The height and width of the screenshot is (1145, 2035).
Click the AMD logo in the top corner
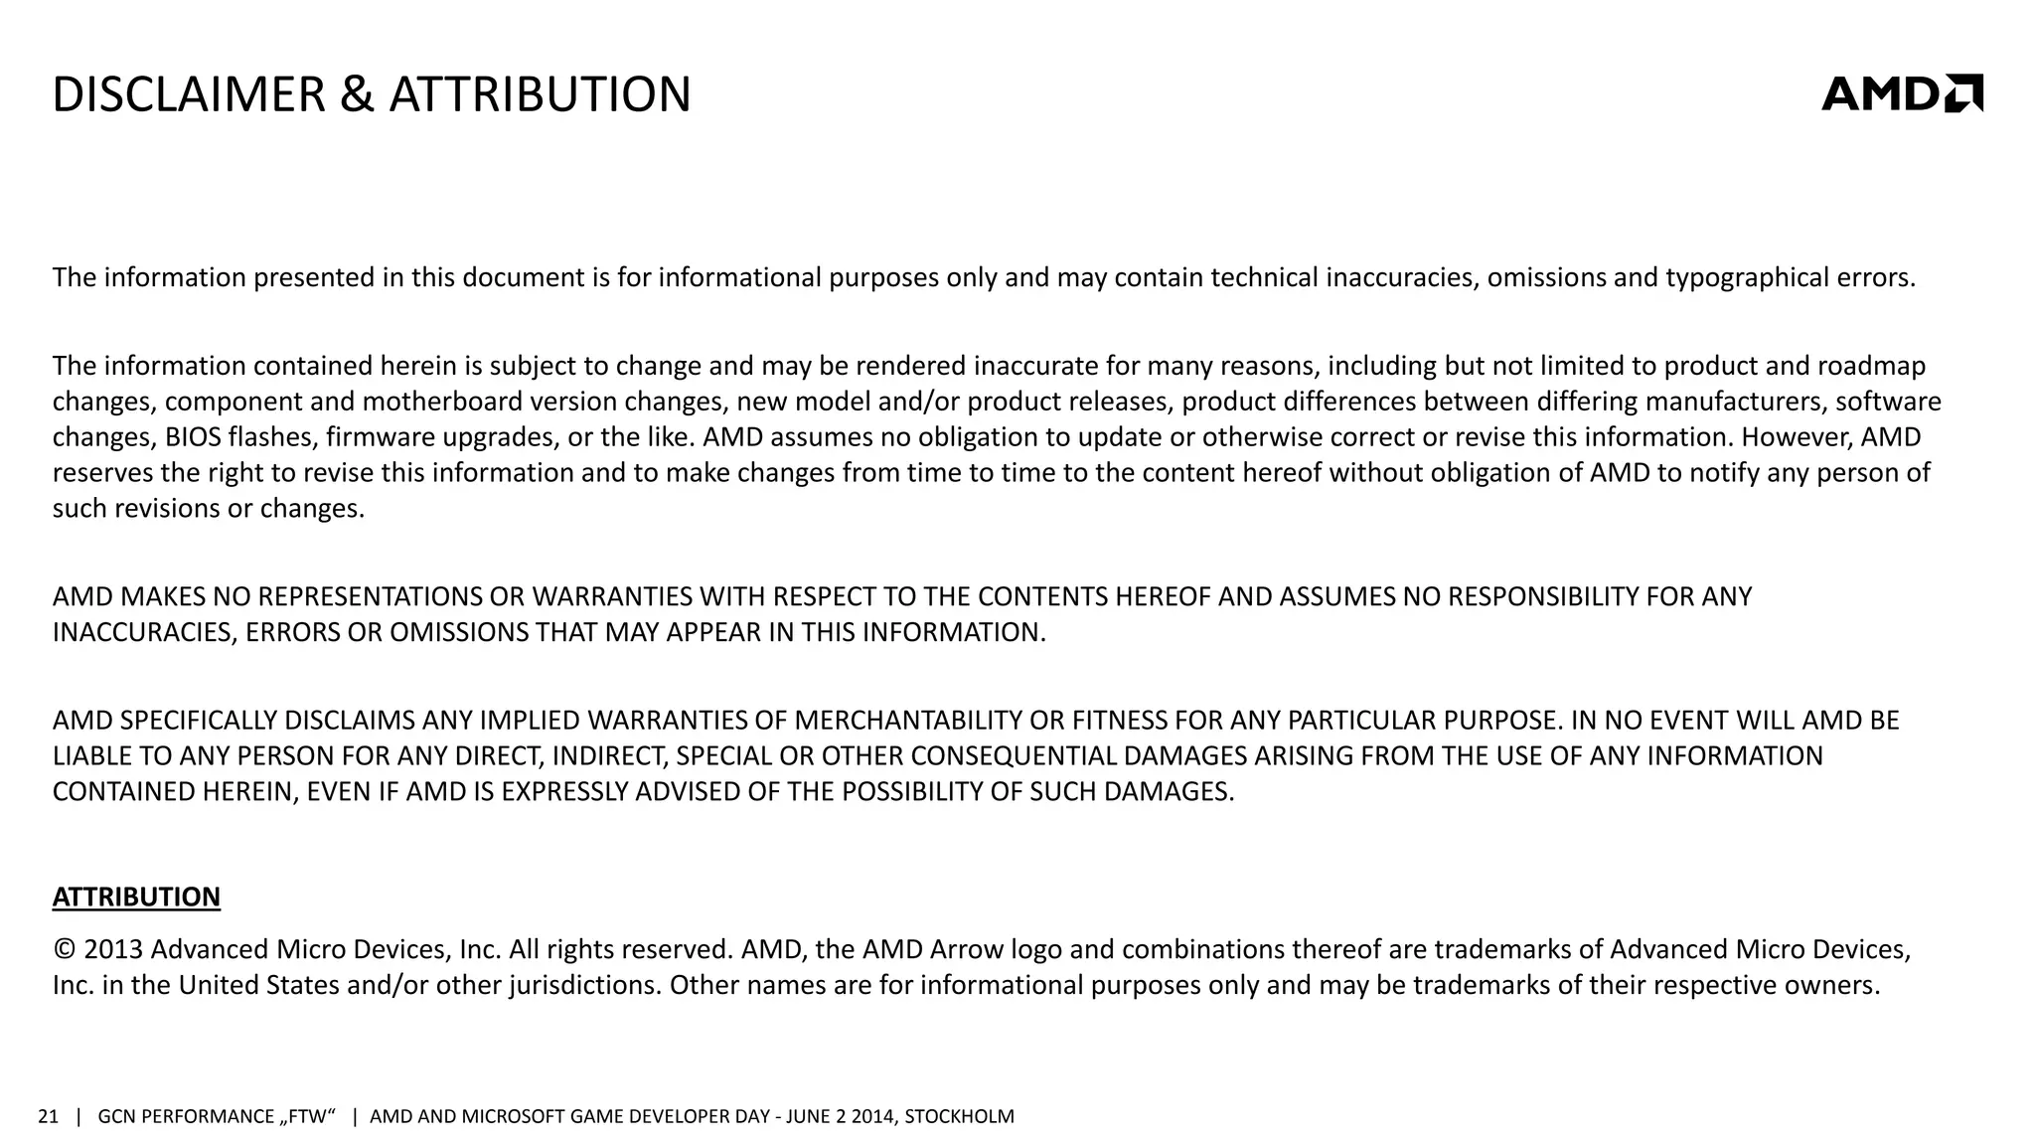pyautogui.click(x=1902, y=93)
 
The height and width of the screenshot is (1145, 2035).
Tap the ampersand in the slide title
pyautogui.click(x=357, y=95)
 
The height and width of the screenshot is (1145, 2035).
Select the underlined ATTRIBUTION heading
pyautogui.click(x=136, y=897)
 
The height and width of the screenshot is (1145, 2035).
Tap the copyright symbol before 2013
pyautogui.click(x=65, y=950)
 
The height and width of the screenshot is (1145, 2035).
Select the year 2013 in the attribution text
pyautogui.click(x=113, y=950)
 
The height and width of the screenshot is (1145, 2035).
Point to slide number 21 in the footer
pyautogui.click(x=48, y=1116)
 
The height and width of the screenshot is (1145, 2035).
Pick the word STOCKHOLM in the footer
pyautogui.click(x=959, y=1116)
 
